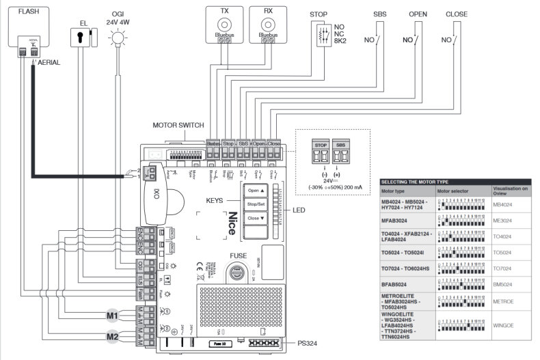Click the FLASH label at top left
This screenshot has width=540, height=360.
tap(28, 12)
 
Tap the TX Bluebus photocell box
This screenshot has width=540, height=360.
tap(224, 26)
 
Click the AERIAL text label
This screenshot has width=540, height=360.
tap(49, 62)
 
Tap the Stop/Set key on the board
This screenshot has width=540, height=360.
tap(255, 204)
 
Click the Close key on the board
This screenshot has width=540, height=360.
tap(255, 219)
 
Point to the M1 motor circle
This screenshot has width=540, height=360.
tap(112, 315)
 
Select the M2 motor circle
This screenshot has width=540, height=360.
tap(112, 336)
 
